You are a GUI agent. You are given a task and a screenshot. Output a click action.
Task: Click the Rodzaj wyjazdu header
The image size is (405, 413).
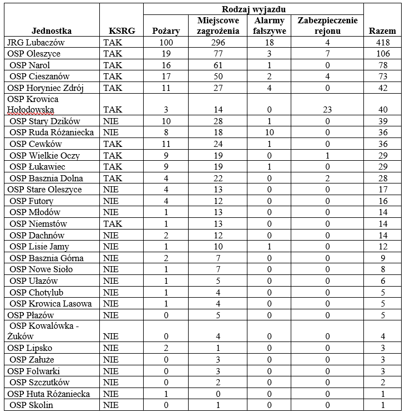(x=254, y=9)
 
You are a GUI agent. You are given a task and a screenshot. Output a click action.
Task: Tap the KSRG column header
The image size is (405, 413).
(x=121, y=31)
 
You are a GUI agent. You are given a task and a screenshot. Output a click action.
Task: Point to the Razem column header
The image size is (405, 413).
(x=382, y=31)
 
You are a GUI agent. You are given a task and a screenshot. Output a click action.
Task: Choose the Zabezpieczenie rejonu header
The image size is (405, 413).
(x=327, y=26)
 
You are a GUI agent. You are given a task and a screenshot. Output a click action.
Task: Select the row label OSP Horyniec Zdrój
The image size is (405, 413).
(x=45, y=88)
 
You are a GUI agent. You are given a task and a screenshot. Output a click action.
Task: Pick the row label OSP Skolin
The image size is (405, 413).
(x=32, y=405)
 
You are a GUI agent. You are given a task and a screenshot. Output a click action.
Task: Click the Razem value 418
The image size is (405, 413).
(x=382, y=43)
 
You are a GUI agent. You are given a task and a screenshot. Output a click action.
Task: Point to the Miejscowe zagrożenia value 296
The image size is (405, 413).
(x=218, y=43)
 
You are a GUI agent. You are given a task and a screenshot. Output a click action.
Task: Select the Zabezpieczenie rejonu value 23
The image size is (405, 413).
(x=327, y=110)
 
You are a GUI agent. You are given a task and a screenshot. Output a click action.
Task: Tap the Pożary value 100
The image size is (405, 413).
(x=165, y=43)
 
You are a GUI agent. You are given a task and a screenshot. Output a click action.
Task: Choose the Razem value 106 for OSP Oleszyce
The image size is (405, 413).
(x=382, y=54)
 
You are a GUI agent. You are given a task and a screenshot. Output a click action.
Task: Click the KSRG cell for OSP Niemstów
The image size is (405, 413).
(x=113, y=223)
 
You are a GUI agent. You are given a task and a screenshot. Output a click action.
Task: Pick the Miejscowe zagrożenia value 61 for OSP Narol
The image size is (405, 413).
(x=218, y=65)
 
